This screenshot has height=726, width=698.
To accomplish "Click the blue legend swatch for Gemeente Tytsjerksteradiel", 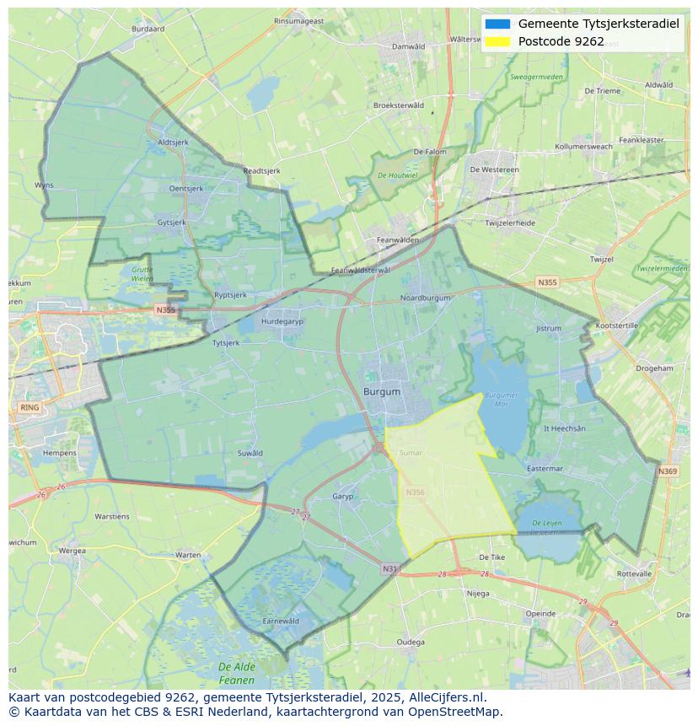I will [x=497, y=24].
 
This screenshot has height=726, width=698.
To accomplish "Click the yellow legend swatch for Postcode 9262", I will [x=497, y=41].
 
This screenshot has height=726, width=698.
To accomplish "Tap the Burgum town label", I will [x=382, y=392].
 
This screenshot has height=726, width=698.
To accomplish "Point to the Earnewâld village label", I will [x=281, y=621].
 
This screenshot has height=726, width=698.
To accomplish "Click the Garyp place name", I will [x=343, y=497].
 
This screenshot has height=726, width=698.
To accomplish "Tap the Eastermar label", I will [x=545, y=468].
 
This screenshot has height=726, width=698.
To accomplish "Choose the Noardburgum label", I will [x=425, y=298].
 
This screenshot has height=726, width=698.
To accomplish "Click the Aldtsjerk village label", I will [x=173, y=143].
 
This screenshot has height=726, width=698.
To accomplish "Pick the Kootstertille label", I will [x=617, y=325].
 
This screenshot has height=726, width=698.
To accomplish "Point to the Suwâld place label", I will [x=250, y=453].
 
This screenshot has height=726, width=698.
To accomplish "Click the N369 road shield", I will [x=668, y=471].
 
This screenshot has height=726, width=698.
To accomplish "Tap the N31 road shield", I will [x=389, y=569].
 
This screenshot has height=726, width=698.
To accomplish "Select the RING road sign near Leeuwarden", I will [x=30, y=407].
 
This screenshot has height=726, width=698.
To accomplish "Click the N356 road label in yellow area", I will [x=415, y=492].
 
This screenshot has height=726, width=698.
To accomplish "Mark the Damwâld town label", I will [x=409, y=46].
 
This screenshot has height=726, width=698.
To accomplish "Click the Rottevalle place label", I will [x=634, y=573].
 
